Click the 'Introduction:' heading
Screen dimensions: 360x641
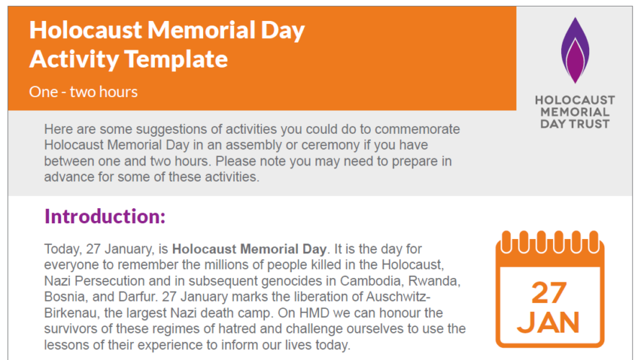tap(105, 216)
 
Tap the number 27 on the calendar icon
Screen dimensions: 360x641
tap(550, 293)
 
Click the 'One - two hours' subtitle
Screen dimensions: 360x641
tap(84, 91)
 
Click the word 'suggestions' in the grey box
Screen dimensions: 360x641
tap(165, 130)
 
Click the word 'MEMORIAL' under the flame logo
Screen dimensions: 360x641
tap(575, 112)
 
